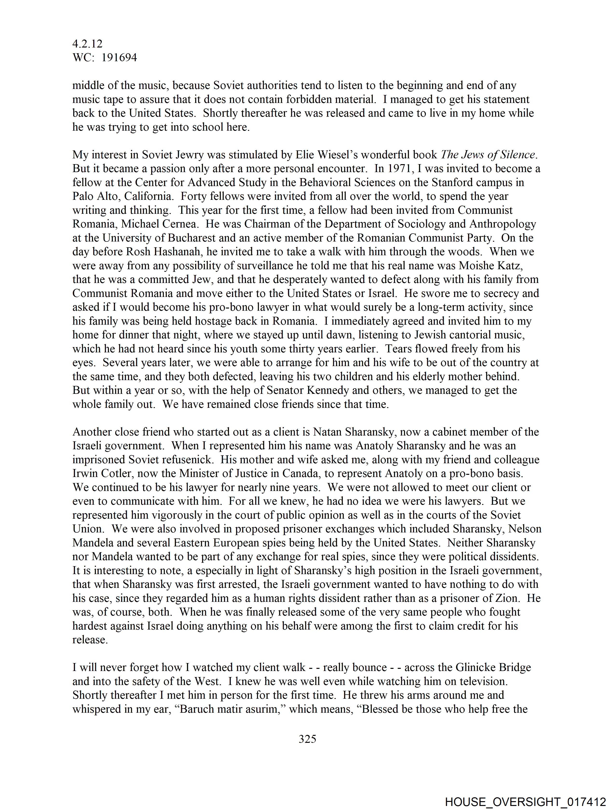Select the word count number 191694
click(x=119, y=58)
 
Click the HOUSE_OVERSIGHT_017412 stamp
click(x=525, y=802)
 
